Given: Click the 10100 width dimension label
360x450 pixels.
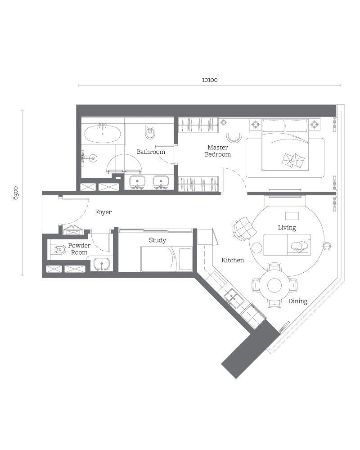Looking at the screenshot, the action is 210,80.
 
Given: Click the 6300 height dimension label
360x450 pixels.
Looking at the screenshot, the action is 16,193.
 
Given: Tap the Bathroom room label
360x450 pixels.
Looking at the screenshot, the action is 151,152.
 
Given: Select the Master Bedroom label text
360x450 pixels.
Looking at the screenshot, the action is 218,151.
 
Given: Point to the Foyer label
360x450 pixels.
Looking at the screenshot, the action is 103,212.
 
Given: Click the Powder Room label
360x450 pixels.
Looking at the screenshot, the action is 79,249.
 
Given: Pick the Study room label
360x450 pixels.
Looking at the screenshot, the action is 157,240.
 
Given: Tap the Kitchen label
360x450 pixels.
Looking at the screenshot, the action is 233,260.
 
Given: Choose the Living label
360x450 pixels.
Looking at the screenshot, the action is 287,228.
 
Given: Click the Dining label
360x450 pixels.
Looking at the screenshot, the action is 298,301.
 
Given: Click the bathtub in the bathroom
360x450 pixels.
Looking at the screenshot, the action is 103,134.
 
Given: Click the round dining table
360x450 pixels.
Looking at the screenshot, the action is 274,285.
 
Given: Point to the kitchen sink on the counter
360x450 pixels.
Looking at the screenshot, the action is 234,298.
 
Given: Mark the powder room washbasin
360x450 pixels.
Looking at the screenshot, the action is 102,264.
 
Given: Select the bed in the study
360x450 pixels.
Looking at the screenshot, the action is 166,259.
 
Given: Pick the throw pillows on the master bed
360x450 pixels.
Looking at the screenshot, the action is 293,160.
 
